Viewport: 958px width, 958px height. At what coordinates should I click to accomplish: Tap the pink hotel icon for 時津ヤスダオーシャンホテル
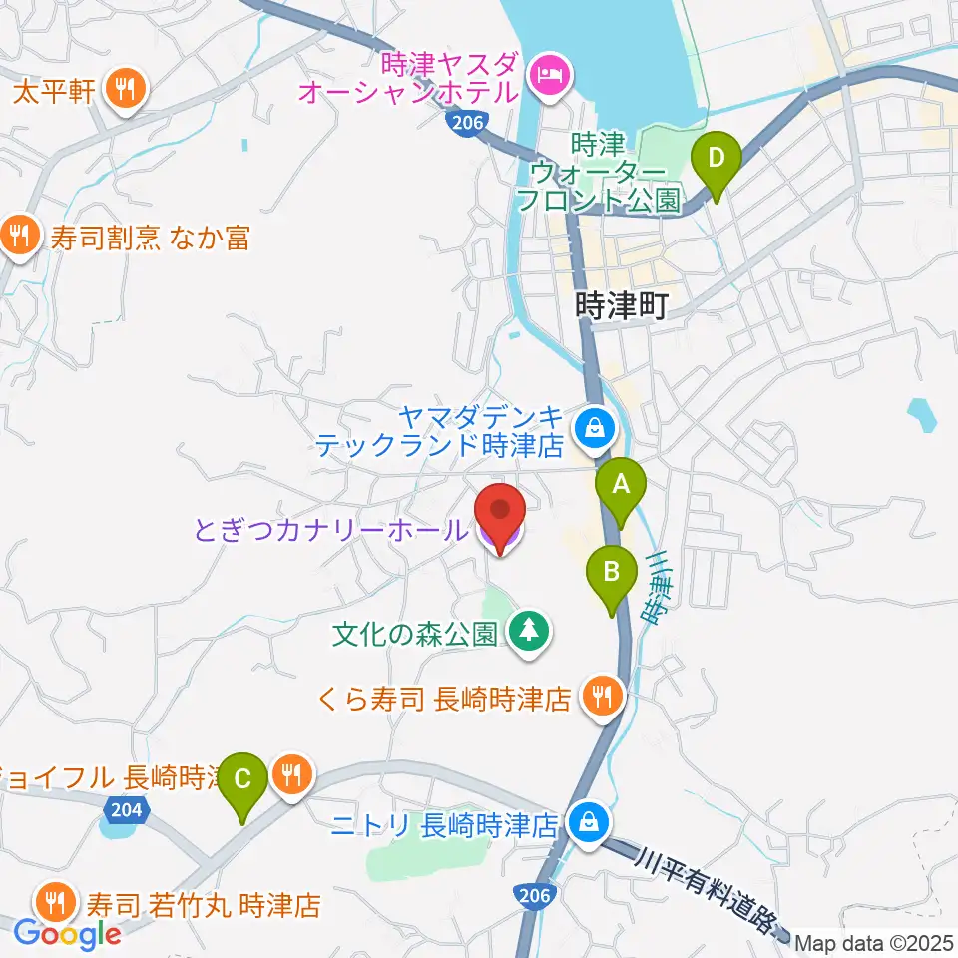[549, 73]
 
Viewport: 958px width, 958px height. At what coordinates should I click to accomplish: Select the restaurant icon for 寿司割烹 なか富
[19, 237]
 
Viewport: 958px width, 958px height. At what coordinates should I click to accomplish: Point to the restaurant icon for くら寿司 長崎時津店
[602, 696]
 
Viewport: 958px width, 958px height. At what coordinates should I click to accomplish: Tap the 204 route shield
[129, 811]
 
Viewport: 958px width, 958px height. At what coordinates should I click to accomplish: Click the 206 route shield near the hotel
[460, 123]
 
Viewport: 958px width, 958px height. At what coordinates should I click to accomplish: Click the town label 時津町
[621, 304]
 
